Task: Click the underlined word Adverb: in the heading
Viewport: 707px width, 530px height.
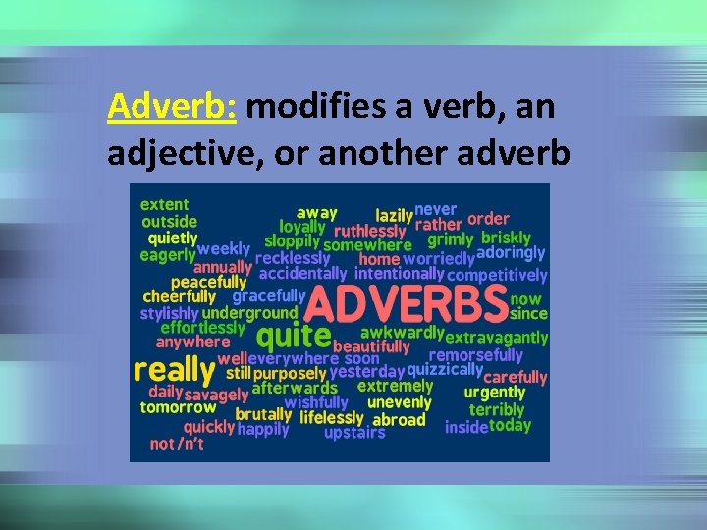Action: click(173, 106)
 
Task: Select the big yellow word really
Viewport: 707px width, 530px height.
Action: click(174, 370)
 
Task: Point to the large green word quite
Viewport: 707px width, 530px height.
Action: click(292, 337)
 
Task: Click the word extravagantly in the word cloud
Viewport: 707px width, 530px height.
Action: click(496, 337)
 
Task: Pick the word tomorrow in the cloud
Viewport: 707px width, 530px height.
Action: click(178, 407)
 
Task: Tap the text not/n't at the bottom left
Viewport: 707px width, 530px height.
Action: click(178, 444)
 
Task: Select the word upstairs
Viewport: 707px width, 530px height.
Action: click(354, 433)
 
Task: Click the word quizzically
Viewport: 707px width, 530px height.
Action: click(444, 370)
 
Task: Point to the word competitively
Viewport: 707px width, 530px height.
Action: click(497, 276)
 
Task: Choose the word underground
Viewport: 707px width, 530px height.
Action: click(249, 313)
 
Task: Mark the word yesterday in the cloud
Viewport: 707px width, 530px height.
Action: click(366, 372)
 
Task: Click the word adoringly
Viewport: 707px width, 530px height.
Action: click(511, 253)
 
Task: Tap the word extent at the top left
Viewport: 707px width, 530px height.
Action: click(164, 204)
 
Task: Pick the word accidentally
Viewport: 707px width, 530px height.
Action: click(302, 274)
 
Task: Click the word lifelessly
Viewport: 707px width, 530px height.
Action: click(333, 418)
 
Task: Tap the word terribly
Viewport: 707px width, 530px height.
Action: click(497, 409)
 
